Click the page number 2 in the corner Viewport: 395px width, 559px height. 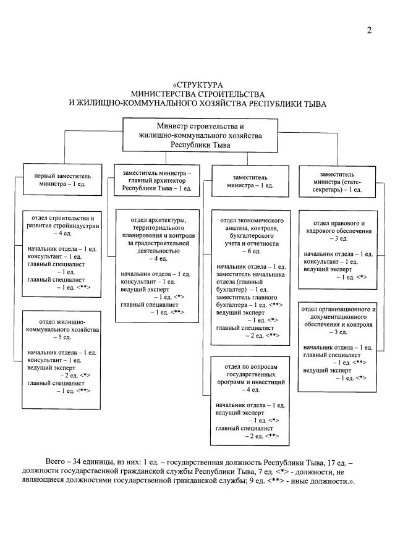tap(368, 31)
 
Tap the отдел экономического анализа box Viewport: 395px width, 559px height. tap(251, 277)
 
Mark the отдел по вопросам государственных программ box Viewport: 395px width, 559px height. tap(251, 400)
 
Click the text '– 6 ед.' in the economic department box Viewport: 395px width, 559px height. tap(250, 252)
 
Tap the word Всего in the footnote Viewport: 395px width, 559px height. tap(57, 463)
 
